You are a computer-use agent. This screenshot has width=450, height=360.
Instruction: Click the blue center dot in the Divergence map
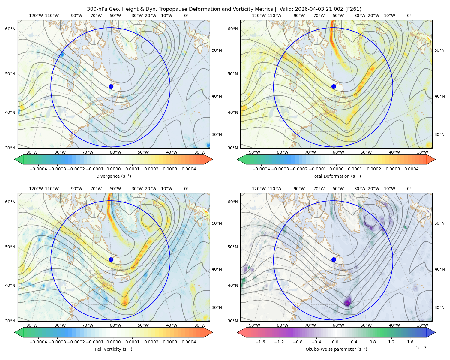pyautogui.click(x=111, y=87)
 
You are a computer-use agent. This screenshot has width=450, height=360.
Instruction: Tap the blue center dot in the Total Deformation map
pyautogui.click(x=334, y=87)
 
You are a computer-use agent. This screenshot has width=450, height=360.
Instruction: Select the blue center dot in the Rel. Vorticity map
pyautogui.click(x=111, y=259)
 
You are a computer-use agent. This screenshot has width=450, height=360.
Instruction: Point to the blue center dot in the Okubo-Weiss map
pyautogui.click(x=334, y=259)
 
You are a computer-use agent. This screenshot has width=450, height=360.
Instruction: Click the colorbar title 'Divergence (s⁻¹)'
pyautogui.click(x=113, y=176)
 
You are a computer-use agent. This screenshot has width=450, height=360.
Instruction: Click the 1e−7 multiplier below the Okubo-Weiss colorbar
pyautogui.click(x=421, y=348)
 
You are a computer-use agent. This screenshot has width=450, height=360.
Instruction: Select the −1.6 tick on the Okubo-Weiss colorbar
pyautogui.click(x=260, y=342)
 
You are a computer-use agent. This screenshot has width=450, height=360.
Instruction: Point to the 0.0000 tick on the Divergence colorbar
pyautogui.click(x=113, y=169)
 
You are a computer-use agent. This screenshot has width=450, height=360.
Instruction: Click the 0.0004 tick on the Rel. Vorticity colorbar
pyautogui.click(x=189, y=342)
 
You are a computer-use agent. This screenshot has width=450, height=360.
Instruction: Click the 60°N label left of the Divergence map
pyautogui.click(x=10, y=29)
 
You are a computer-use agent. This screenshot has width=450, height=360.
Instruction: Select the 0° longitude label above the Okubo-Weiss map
pyautogui.click(x=409, y=189)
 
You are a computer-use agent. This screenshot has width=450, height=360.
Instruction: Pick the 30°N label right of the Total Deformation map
pyautogui.click(x=439, y=134)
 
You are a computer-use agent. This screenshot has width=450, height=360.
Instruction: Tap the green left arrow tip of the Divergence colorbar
pyautogui.click(x=15, y=159)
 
